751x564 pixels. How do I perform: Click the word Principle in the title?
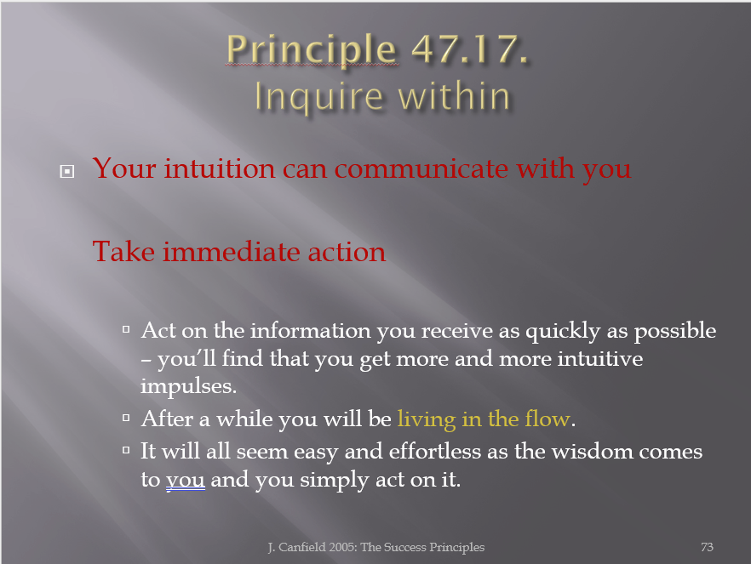tap(312, 50)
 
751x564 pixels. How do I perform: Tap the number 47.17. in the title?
tap(470, 48)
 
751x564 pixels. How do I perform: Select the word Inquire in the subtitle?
tap(319, 97)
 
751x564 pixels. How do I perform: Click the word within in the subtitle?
tap(454, 95)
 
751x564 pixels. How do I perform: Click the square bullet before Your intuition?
tap(67, 171)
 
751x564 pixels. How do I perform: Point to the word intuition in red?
tap(220, 168)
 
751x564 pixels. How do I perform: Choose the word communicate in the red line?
tap(421, 168)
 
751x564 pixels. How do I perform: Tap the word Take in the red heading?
tap(123, 251)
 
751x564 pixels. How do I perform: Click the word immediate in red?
tap(232, 251)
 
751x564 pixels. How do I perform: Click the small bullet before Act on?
tap(126, 329)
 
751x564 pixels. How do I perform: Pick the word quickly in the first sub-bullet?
tap(564, 332)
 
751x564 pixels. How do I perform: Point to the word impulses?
tap(189, 386)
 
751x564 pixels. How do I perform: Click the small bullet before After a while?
tap(126, 418)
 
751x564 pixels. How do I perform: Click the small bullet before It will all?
tap(126, 450)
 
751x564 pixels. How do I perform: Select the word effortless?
tap(435, 451)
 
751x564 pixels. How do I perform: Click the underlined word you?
tap(186, 481)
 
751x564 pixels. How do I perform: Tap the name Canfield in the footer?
tap(301, 547)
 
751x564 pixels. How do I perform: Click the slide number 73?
tap(707, 547)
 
